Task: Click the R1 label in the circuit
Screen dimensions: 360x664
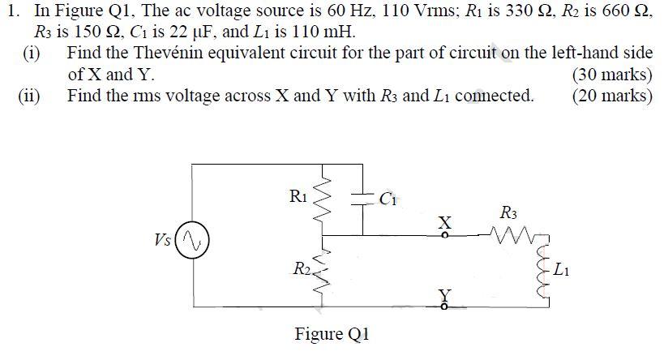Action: [x=298, y=195]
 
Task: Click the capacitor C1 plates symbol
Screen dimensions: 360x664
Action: [x=362, y=197]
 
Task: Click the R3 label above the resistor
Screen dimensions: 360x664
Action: [x=509, y=215]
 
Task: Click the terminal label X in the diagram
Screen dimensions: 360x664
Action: [x=443, y=221]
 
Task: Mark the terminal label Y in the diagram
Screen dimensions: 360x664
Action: [x=443, y=295]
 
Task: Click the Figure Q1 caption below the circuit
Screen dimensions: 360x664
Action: [x=332, y=335]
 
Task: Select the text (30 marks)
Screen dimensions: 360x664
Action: [x=612, y=75]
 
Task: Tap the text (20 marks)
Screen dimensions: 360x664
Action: [x=612, y=96]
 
